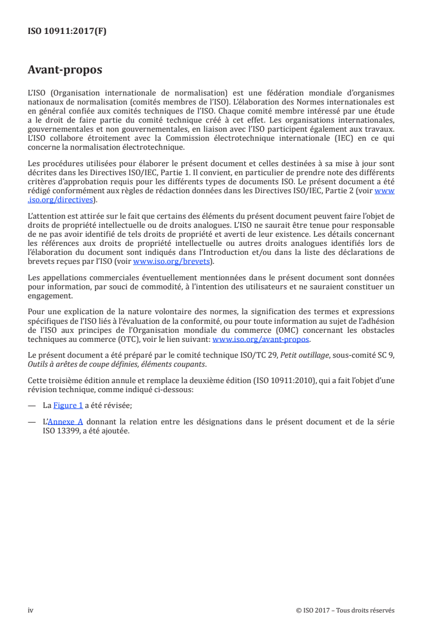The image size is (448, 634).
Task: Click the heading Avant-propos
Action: pyautogui.click(x=65, y=70)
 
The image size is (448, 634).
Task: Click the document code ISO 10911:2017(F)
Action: pyautogui.click(x=67, y=32)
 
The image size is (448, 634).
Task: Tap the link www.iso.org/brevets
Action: pyautogui.click(x=170, y=262)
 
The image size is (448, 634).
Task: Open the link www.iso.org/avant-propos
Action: pyautogui.click(x=260, y=339)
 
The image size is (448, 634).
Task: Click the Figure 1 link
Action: pyautogui.click(x=68, y=405)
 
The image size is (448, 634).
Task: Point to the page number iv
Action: pyautogui.click(x=31, y=610)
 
